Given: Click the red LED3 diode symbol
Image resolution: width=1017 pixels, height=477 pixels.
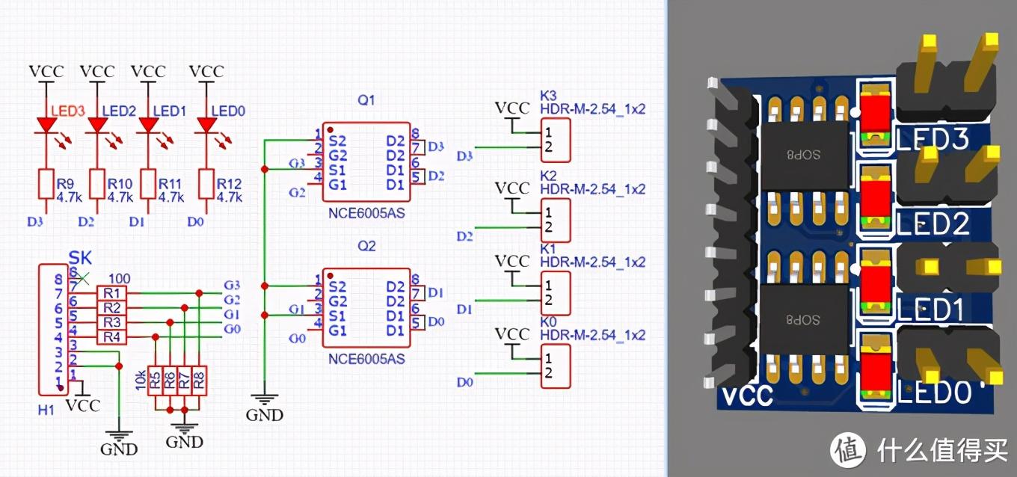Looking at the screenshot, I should [46, 125].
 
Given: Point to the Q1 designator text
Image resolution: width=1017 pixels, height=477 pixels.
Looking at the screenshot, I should [366, 100].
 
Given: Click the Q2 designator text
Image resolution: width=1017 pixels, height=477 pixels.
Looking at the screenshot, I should [366, 246].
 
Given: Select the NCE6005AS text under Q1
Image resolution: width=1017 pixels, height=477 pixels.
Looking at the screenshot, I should [366, 213].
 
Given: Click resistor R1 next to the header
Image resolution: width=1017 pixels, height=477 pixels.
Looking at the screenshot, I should [111, 292].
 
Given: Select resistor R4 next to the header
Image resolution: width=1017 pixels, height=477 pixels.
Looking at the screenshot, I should [111, 337].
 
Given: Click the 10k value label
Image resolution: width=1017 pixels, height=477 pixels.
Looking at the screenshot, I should [139, 381].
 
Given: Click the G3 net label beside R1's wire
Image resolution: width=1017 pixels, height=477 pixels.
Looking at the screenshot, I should [232, 285].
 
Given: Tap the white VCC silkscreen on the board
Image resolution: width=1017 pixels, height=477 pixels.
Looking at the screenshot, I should [747, 395].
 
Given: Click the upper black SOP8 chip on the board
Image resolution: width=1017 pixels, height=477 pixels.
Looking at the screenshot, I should [805, 154].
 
